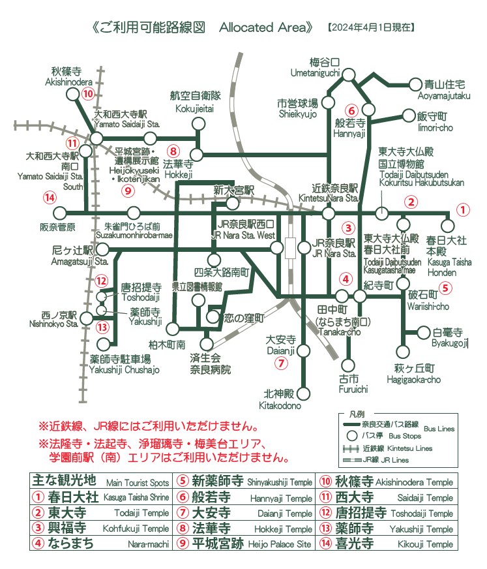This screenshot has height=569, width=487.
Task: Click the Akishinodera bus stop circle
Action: pyautogui.click(x=71, y=95)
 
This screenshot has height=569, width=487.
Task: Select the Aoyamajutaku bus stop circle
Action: pyautogui.click(x=415, y=84)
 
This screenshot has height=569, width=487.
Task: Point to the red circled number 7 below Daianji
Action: pyautogui.click(x=281, y=363)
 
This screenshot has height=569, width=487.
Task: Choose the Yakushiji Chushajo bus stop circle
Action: pyautogui.click(x=102, y=344)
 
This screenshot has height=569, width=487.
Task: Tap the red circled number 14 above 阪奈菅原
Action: pyautogui.click(x=48, y=197)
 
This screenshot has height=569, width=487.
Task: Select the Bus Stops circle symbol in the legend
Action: pyautogui.click(x=353, y=435)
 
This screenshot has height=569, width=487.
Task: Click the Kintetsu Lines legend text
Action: pyautogui.click(x=392, y=448)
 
